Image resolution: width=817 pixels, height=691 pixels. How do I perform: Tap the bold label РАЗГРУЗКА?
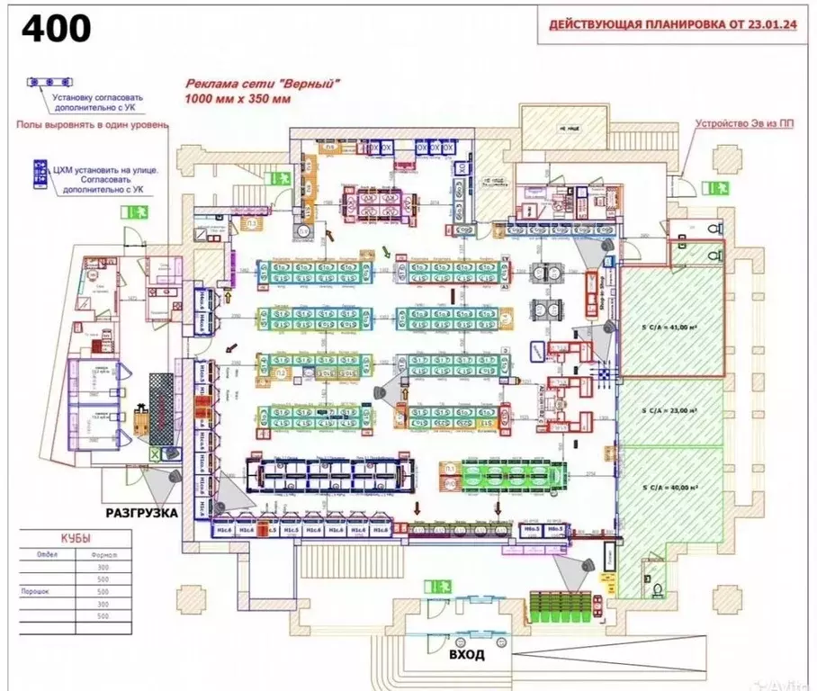tap(141, 513)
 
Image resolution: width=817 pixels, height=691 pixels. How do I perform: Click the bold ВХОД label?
tap(466, 654)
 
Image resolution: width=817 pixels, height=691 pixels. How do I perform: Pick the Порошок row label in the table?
tap(33, 592)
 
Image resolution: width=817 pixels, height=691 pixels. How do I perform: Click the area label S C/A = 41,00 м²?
tap(670, 327)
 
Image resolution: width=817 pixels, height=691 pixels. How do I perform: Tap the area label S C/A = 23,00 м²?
tap(670, 409)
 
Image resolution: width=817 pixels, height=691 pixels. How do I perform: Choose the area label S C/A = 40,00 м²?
tap(670, 487)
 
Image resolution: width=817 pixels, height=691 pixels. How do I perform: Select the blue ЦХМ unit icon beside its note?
tap(39, 175)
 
